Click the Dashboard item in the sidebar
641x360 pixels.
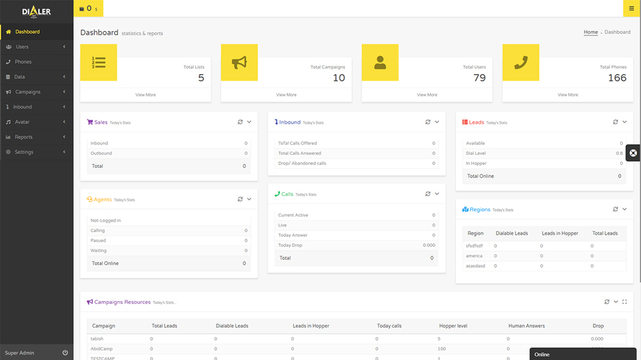point(27,32)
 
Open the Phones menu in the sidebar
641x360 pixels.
point(23,62)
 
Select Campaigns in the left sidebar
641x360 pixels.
point(27,92)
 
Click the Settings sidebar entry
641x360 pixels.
point(24,152)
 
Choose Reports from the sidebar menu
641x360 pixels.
point(24,137)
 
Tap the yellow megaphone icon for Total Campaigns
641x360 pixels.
point(239,63)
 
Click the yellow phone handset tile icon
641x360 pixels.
point(521,63)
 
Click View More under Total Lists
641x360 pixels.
point(145,95)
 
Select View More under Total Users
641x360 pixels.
point(427,95)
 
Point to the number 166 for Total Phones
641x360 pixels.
point(617,78)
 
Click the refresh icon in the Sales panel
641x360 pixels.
point(240,122)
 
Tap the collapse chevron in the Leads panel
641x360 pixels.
point(624,122)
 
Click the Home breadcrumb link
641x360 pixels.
point(591,32)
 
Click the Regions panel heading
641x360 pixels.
point(480,210)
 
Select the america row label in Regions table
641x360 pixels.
point(474,256)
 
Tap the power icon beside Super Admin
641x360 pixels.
point(65,353)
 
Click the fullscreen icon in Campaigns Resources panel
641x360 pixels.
point(624,302)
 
